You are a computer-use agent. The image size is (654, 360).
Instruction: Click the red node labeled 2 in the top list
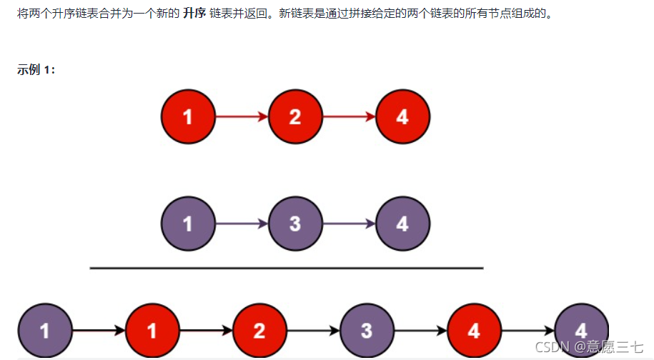point(295,116)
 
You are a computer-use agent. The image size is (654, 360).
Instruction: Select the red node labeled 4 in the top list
point(402,116)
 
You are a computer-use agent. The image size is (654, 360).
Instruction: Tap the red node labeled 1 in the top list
point(188,116)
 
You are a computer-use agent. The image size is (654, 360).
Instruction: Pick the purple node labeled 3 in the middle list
point(295,224)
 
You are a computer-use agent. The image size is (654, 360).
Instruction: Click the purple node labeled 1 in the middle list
point(188,224)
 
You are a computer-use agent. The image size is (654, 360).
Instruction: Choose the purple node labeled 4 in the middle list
point(402,224)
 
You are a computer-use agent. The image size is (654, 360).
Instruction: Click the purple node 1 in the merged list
point(45,331)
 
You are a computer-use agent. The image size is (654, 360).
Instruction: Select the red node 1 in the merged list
point(152,331)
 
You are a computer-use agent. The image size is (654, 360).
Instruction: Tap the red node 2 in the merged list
point(259,331)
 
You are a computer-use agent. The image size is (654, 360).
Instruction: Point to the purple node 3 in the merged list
point(367,331)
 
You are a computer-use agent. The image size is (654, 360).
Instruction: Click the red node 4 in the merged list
point(474,331)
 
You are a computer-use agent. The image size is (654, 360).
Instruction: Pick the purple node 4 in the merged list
point(581,331)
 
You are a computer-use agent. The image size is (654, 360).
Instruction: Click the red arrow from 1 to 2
point(242,116)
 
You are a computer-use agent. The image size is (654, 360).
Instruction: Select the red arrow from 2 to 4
point(349,116)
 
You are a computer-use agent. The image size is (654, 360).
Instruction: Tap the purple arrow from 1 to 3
point(242,224)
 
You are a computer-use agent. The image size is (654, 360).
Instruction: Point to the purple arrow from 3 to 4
point(349,224)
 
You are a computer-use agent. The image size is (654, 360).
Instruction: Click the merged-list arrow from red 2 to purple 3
point(313,331)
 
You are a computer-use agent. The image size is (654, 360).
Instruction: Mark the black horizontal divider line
point(286,268)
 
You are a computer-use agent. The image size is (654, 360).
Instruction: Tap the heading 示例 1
point(36,70)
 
